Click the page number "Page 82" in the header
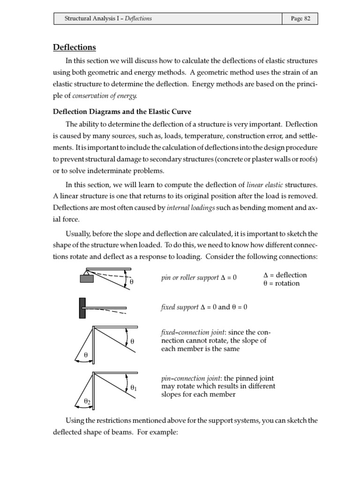click(301, 19)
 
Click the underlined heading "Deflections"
click(74, 47)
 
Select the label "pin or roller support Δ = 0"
click(198, 277)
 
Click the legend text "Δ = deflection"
click(285, 275)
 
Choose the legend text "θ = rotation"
click(281, 284)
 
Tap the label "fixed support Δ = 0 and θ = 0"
click(203, 307)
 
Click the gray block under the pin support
click(87, 278)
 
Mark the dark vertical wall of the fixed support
click(82, 307)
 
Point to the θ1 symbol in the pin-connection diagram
click(133, 388)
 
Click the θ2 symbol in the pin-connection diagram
click(87, 401)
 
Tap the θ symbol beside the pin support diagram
click(131, 283)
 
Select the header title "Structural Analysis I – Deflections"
click(108, 19)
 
